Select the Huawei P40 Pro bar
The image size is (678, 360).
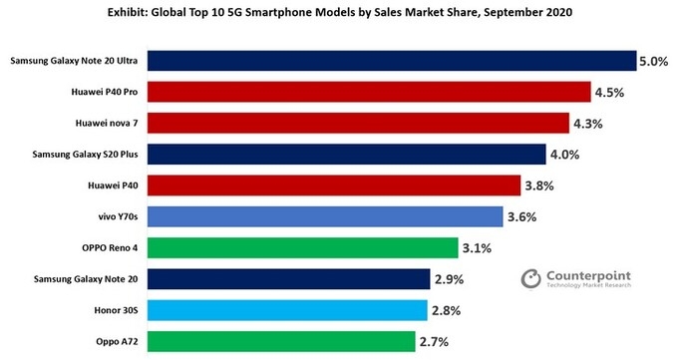(x=370, y=93)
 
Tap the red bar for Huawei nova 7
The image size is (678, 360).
(x=360, y=124)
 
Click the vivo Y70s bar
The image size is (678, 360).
(x=325, y=216)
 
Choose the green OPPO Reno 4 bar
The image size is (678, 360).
(x=302, y=247)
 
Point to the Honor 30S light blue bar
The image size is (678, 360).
(x=287, y=310)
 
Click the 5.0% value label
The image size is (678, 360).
(x=653, y=62)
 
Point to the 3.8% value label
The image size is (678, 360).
(x=541, y=185)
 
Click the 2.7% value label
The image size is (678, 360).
(x=436, y=341)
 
